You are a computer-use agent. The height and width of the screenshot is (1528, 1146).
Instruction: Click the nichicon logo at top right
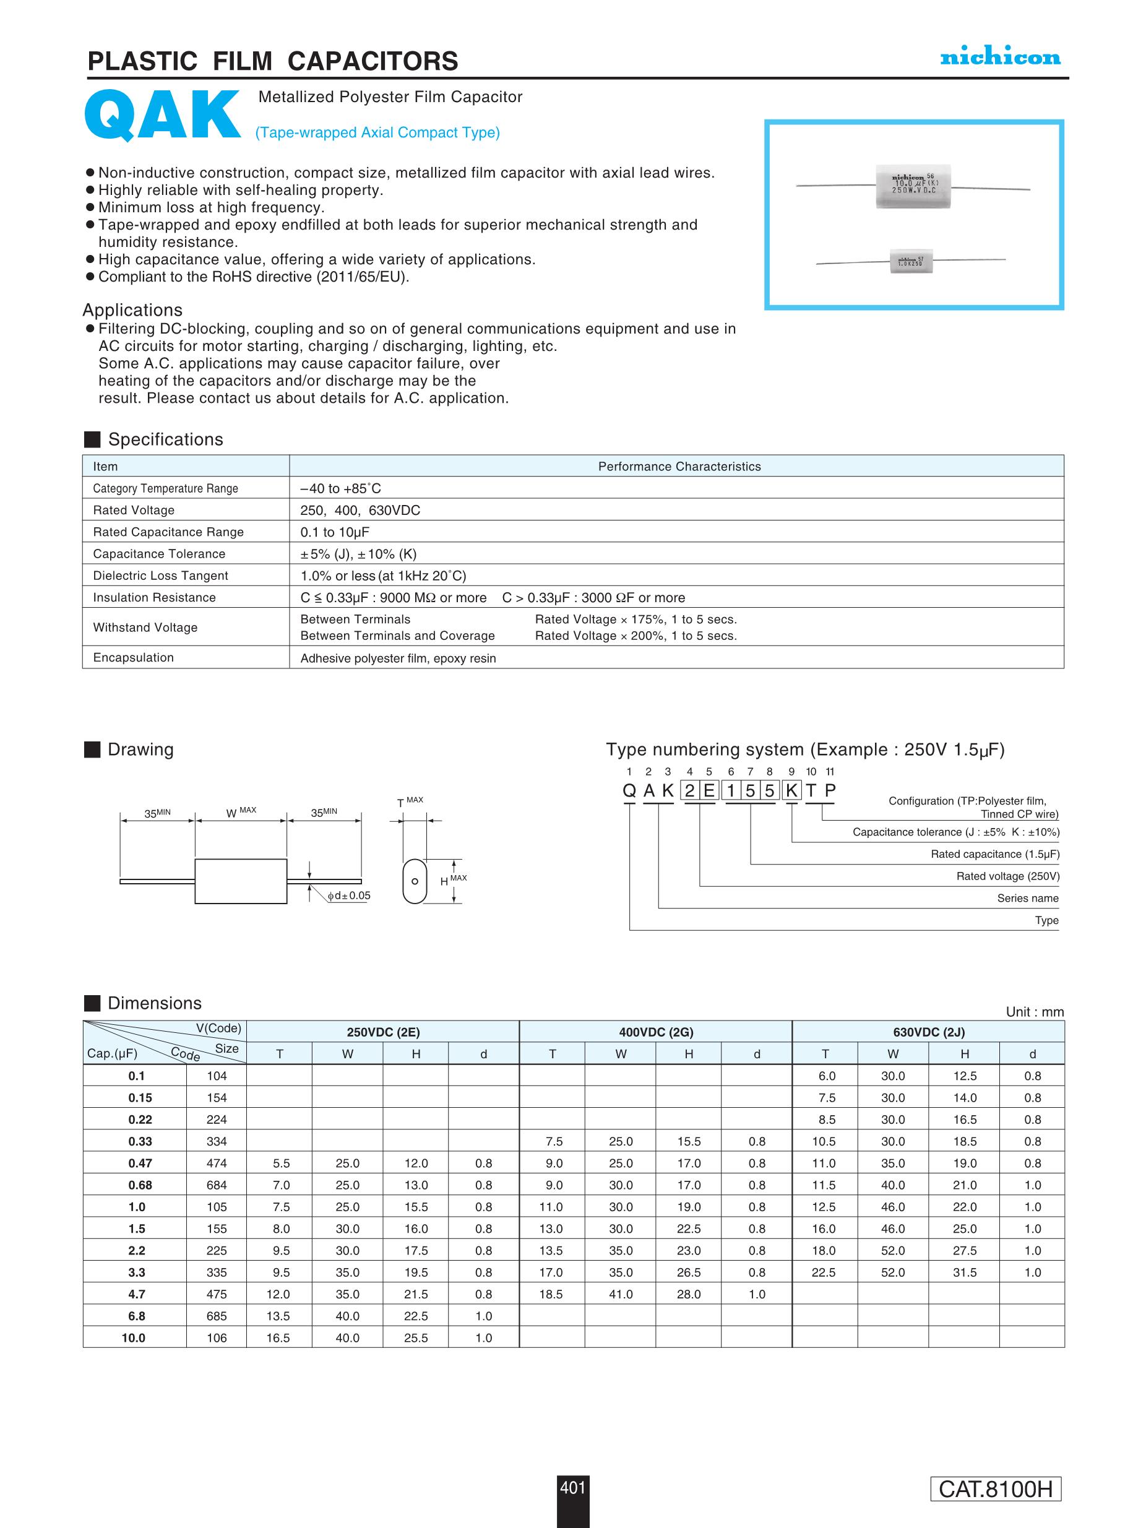point(999,58)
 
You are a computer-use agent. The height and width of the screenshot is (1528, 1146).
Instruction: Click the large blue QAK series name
point(162,115)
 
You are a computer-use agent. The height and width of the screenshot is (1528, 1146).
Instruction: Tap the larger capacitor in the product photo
point(913,186)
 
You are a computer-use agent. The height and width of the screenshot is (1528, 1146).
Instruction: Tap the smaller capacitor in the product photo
point(911,261)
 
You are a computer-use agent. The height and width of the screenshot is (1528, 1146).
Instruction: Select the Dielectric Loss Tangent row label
point(160,576)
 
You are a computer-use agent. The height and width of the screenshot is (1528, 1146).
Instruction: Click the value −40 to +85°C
point(340,488)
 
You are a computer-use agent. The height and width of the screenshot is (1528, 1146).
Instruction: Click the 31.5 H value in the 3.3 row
point(964,1272)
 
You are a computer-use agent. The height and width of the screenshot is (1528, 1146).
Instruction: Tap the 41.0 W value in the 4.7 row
point(620,1294)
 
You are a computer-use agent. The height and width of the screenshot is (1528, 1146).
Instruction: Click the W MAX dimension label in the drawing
point(241,813)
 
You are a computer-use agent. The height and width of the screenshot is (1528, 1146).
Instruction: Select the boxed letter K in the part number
point(790,791)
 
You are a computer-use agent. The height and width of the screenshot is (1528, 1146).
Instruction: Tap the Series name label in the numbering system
point(1027,898)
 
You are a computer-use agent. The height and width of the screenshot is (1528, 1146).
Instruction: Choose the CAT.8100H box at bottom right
point(995,1508)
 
